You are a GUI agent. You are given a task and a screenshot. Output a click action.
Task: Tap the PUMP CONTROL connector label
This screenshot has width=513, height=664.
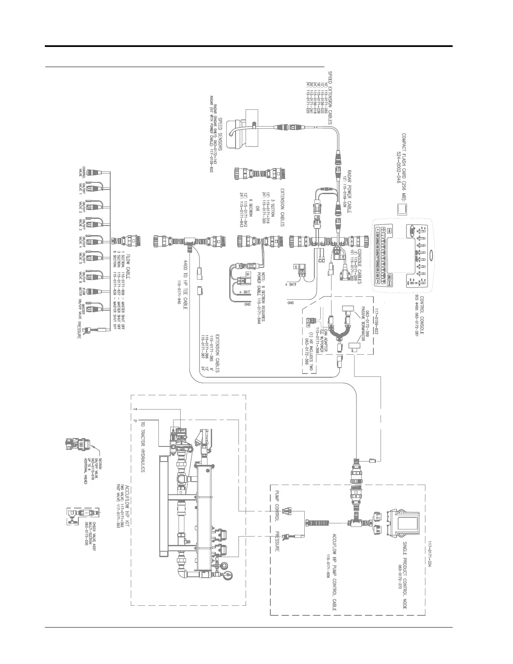277,506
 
